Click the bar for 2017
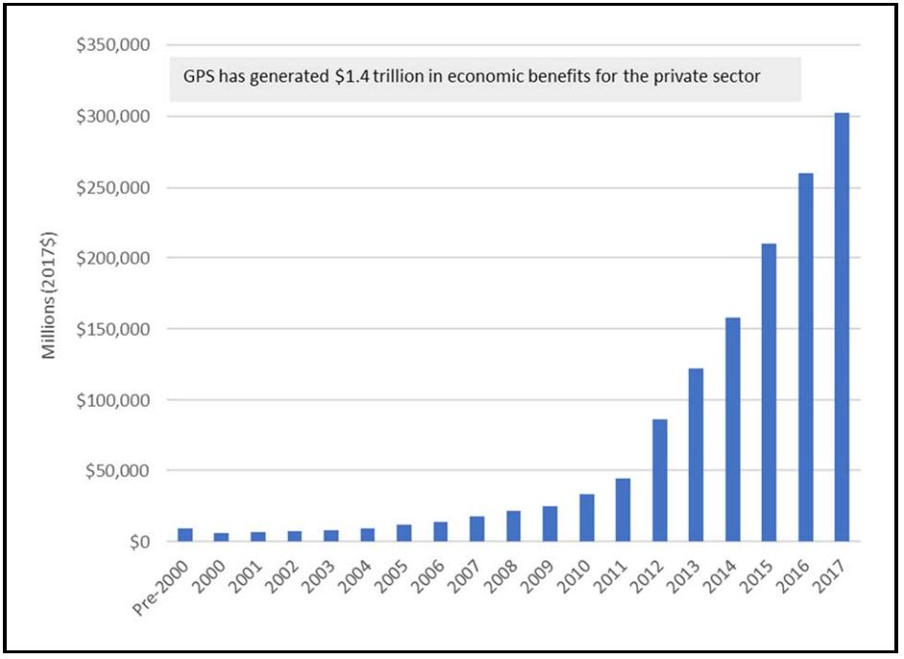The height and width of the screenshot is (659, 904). coord(842,327)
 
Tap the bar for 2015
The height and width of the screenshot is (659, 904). coord(769,392)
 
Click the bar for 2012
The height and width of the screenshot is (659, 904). coord(659,480)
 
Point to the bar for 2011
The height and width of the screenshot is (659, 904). coord(623,509)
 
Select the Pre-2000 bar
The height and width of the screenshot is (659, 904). coord(185,534)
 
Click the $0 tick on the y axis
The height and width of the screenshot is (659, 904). coord(140,542)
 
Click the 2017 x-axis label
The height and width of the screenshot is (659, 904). coord(835,574)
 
